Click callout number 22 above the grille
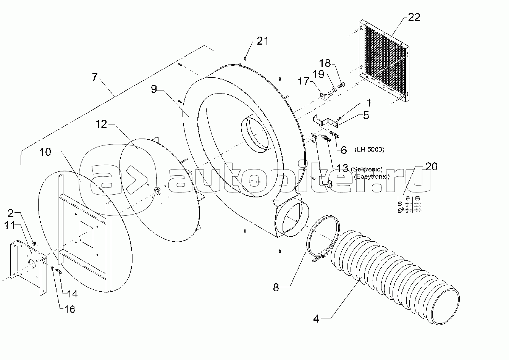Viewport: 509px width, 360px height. tap(414, 17)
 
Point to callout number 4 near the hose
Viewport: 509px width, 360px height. tap(316, 318)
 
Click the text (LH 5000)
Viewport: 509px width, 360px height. tap(369, 149)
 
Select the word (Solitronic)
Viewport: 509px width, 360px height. tap(367, 169)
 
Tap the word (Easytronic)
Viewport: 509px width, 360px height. tap(372, 176)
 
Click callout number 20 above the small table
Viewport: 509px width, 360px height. tap(431, 166)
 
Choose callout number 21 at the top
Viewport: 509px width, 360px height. tap(262, 41)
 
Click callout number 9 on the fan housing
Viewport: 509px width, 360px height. tap(154, 89)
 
